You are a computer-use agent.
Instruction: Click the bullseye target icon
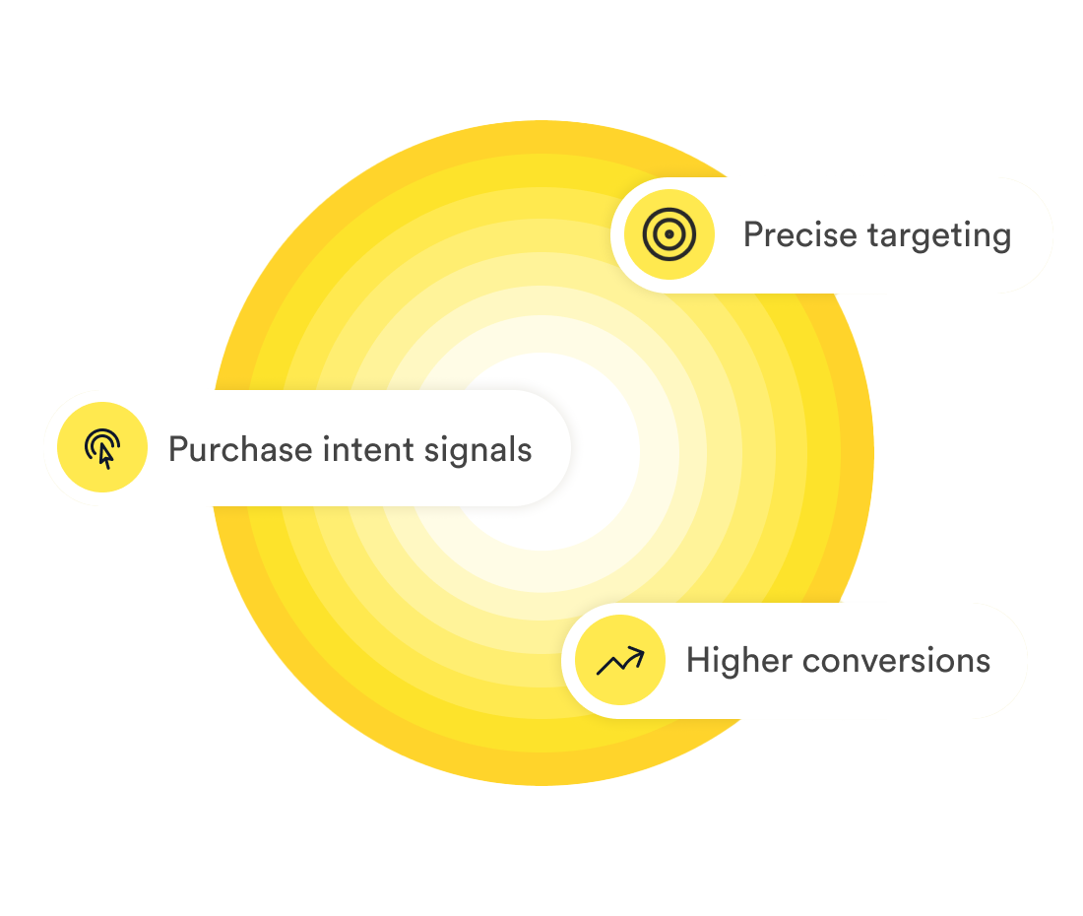[x=669, y=234]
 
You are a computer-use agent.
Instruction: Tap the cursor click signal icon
[x=102, y=447]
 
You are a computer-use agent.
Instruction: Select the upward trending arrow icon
[x=620, y=660]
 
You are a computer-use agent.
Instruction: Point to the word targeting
[x=939, y=236]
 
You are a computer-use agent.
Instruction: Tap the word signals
[x=478, y=451]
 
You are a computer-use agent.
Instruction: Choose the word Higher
[x=739, y=660]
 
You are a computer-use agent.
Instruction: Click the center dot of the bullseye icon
[x=669, y=234]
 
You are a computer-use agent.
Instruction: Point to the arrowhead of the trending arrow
[x=637, y=654]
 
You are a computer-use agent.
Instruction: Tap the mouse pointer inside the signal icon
[x=105, y=456]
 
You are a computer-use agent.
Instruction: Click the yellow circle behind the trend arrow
[x=620, y=660]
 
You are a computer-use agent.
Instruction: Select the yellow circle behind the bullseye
[x=669, y=234]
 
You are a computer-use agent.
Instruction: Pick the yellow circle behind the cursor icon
[x=102, y=447]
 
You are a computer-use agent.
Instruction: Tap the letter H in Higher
[x=699, y=660]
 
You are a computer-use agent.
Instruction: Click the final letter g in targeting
[x=1002, y=239]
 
